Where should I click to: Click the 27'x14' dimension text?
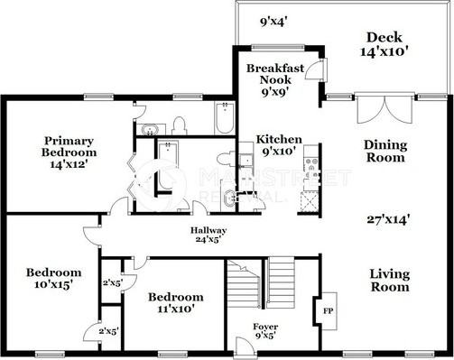click(x=389, y=218)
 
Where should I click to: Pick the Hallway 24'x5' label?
click(x=207, y=237)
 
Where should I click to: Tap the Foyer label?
click(x=265, y=330)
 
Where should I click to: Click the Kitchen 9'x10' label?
click(x=280, y=146)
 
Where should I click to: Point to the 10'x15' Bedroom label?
click(x=53, y=278)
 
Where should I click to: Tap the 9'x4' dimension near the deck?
click(x=273, y=20)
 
